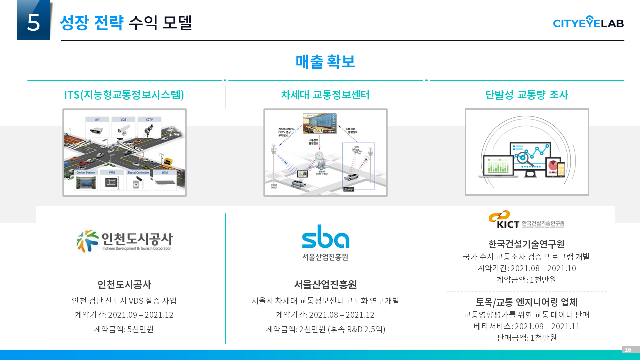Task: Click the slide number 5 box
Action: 34,21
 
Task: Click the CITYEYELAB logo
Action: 588,22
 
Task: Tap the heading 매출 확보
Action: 325,61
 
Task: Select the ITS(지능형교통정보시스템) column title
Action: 124,95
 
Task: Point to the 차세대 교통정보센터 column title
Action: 325,95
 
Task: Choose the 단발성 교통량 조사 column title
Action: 527,95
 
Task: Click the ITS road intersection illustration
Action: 124,152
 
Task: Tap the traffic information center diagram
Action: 325,152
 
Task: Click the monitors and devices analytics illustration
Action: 527,152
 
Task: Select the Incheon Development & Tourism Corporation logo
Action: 124,241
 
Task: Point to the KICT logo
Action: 526,220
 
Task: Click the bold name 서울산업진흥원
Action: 325,285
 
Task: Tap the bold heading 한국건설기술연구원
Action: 526,244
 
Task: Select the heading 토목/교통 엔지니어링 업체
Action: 526,302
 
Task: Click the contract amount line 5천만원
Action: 124,329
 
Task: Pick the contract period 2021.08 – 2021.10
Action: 526,268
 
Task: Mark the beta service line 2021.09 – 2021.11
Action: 526,326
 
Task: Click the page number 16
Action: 628,350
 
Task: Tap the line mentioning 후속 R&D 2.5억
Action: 325,329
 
